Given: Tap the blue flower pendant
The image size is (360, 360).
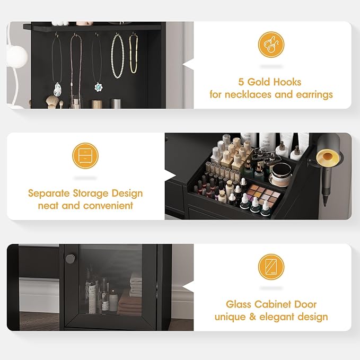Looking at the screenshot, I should coord(98,86).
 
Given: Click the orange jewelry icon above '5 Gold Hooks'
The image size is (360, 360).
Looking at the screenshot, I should coord(271,45).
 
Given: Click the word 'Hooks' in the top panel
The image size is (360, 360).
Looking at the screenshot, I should coord(287,82).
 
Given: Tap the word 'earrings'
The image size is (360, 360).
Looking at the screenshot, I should coord(313,95).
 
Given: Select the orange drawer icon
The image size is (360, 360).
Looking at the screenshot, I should coord(85,156).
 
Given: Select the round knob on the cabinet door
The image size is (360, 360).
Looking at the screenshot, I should coord(71,258).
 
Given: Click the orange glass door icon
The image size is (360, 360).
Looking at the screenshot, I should coord(271,267).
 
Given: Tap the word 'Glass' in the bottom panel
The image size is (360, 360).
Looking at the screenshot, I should coord(239,304).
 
